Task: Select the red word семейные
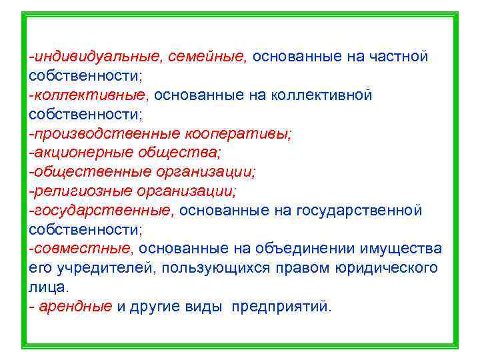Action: click(x=207, y=57)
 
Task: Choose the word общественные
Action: click(x=91, y=172)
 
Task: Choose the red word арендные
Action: click(x=75, y=307)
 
